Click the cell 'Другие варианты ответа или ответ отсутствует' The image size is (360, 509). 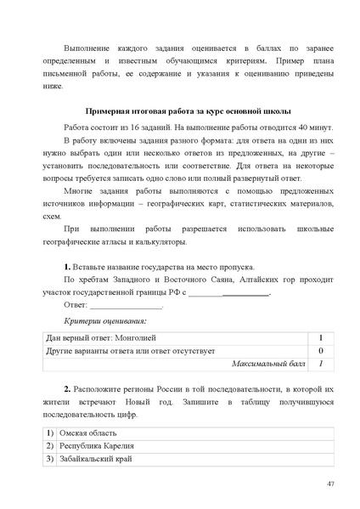click(131, 351)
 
